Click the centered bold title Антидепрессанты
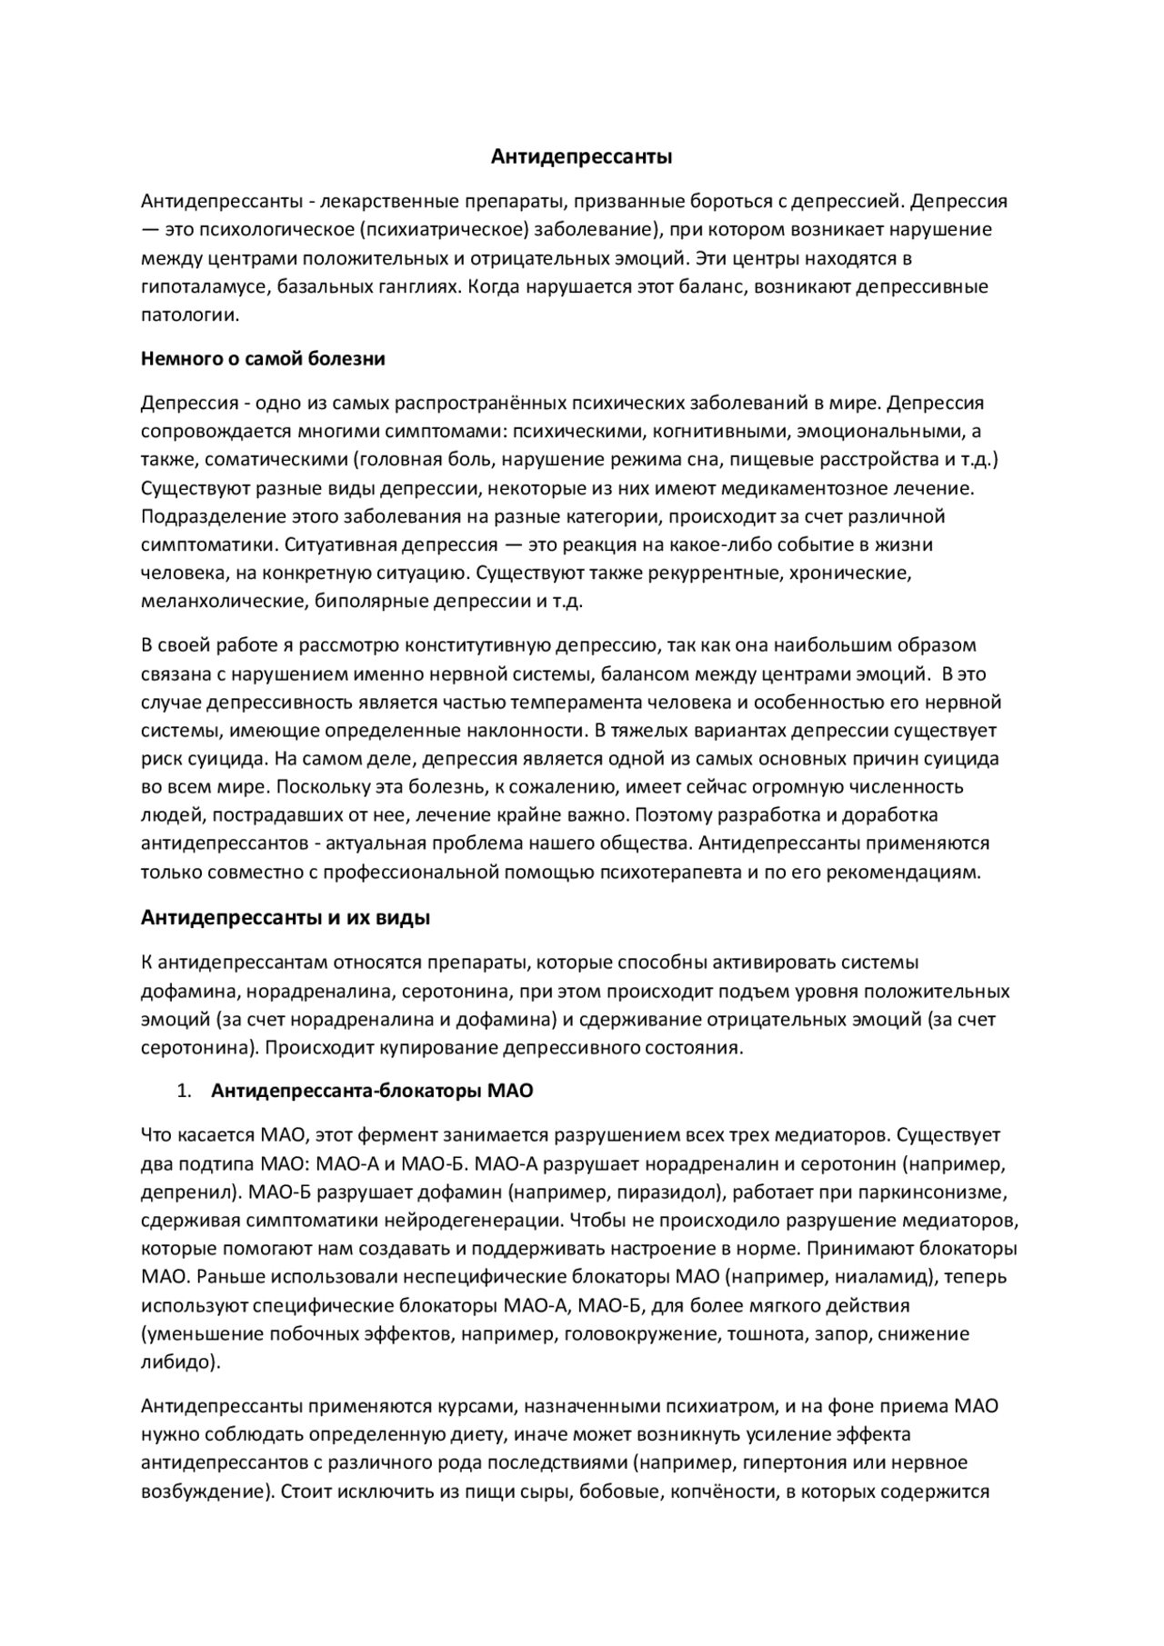582,157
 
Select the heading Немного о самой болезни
263,359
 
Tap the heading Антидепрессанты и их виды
286,918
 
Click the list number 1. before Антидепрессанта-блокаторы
185,1091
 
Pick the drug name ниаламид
881,1277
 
